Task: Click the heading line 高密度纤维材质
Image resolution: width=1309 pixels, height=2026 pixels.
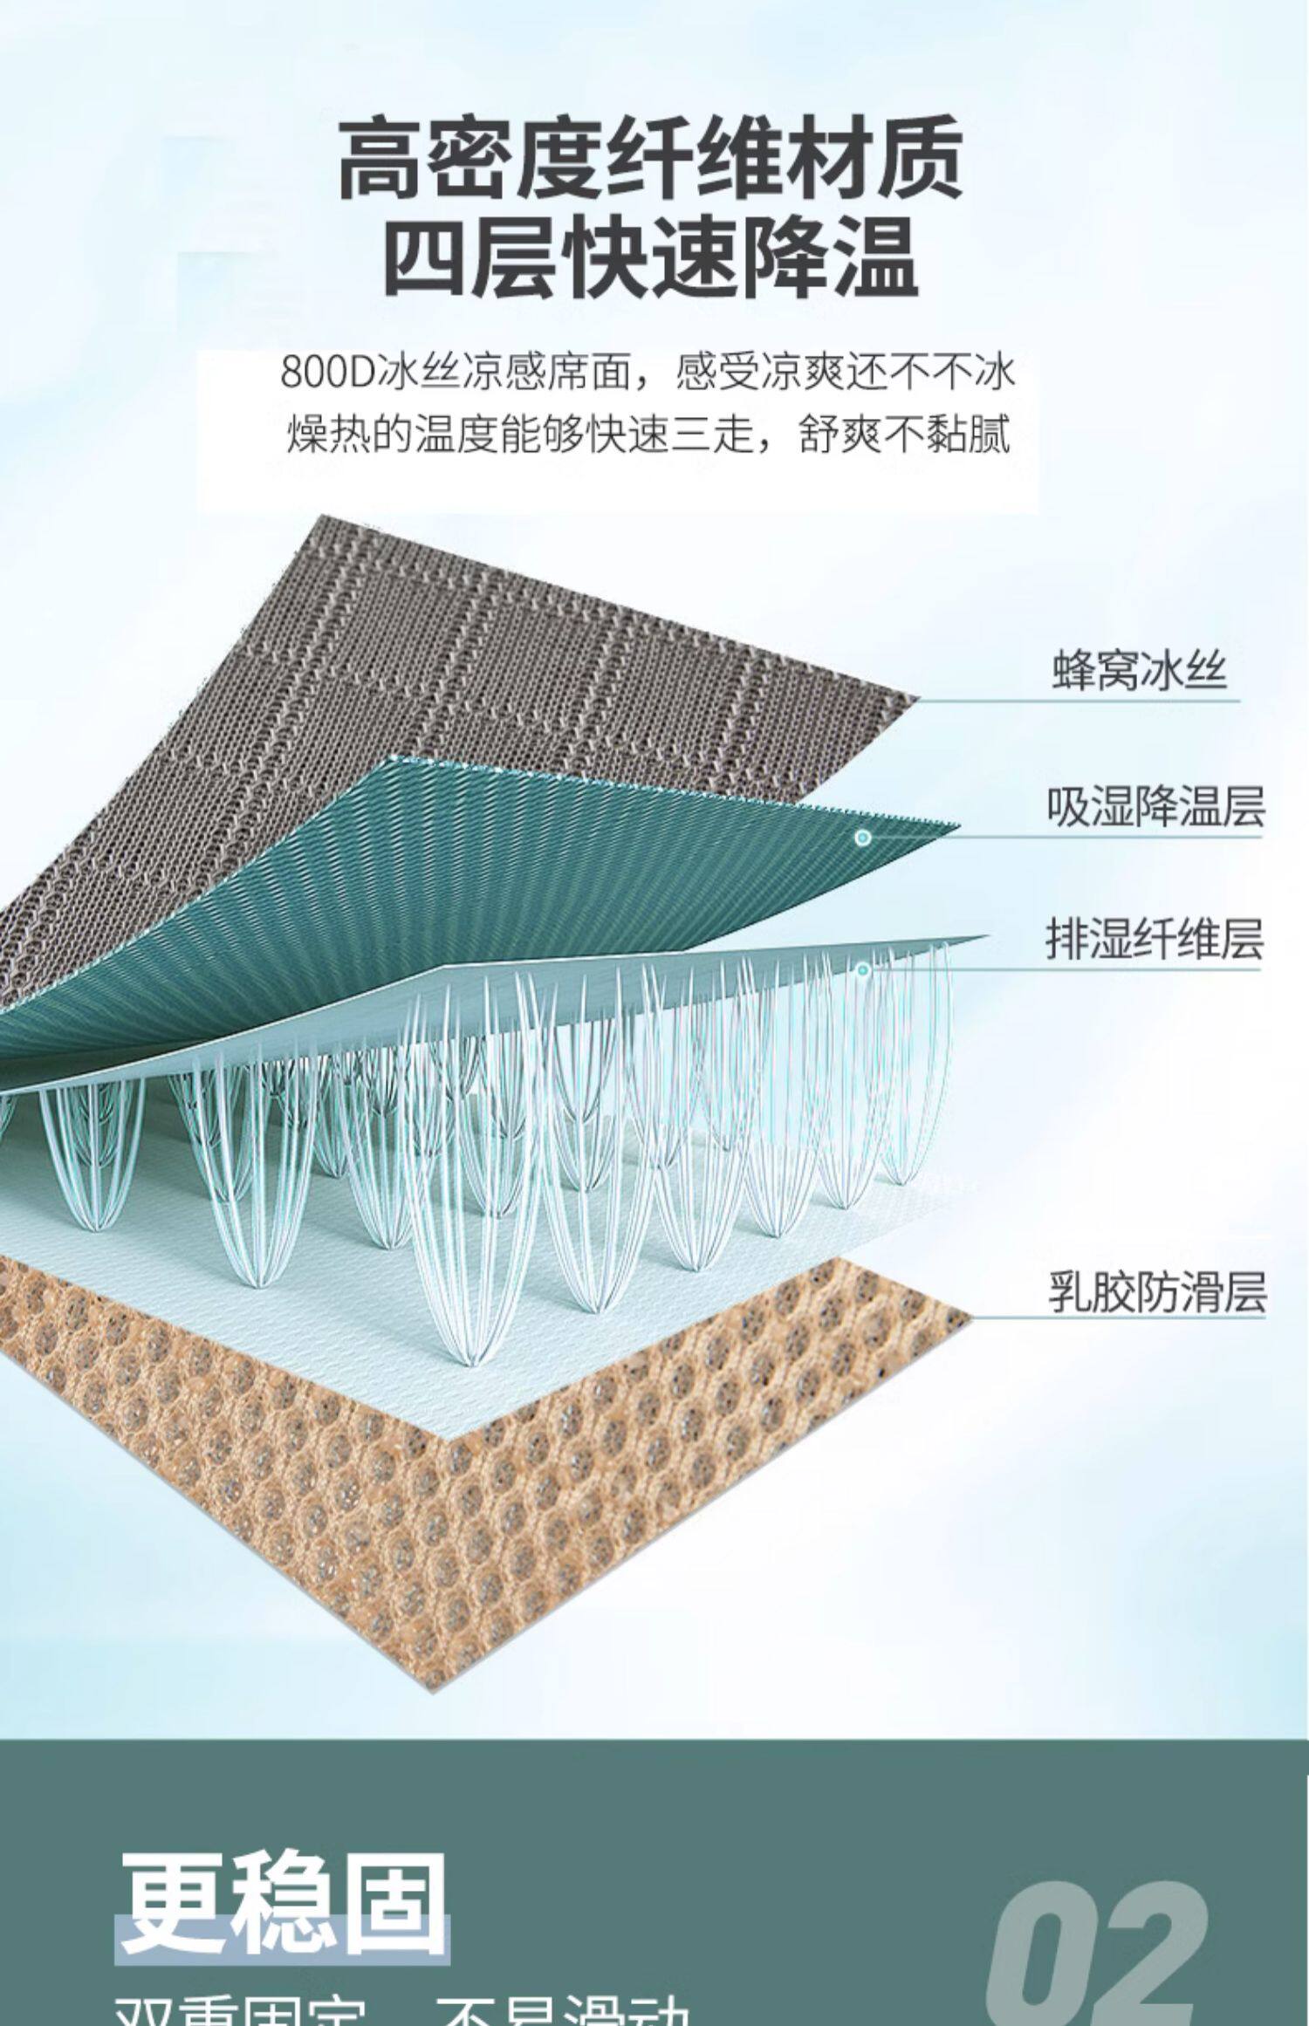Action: (x=650, y=160)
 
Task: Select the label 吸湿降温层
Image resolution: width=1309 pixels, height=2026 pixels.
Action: (x=1155, y=807)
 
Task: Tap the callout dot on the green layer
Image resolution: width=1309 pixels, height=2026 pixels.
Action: (x=863, y=838)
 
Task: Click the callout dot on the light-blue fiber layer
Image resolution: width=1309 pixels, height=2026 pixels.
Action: (x=863, y=969)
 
